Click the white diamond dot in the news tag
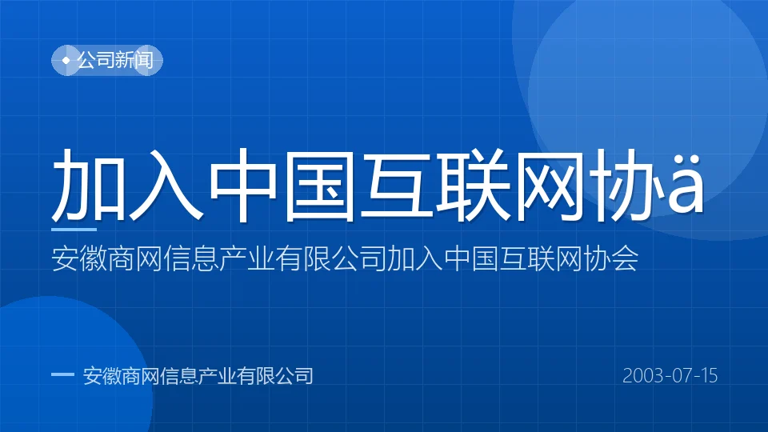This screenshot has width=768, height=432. point(66,60)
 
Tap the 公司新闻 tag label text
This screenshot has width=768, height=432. point(115,60)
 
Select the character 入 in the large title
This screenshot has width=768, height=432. point(166,185)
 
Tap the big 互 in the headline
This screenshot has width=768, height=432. point(396,185)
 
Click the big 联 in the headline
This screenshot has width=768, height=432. point(473,185)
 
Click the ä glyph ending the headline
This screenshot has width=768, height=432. point(686,184)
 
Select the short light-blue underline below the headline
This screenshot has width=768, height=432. point(74,230)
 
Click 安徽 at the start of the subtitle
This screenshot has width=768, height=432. point(79,258)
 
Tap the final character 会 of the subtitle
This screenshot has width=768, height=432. point(626,258)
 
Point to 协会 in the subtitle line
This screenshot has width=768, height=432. point(611,258)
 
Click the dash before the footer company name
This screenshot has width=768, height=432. point(62,375)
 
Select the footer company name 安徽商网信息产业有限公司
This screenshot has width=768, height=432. point(198,376)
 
